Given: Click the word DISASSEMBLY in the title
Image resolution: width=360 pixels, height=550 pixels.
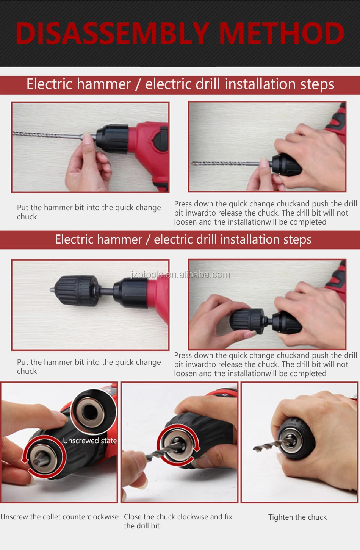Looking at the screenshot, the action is pos(112,33).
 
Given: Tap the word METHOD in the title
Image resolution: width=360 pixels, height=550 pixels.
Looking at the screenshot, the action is pos(281,33).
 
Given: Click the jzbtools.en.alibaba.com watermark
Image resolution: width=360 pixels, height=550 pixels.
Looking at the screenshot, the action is pos(180,275).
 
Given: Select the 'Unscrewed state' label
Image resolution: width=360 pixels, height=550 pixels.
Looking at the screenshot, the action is pos(90,441).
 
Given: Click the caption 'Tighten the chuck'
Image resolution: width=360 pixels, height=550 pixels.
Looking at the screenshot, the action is pos(297,517).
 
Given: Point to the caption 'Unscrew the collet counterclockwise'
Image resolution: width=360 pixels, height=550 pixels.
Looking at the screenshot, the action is pos(59,517).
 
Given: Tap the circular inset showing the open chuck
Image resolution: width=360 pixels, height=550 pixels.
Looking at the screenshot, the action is pos(93,412).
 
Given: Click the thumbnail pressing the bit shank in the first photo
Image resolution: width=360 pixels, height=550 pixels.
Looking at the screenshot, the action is pos(86,139).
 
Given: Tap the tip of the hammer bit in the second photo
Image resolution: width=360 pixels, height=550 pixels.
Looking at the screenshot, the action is pos(193,163).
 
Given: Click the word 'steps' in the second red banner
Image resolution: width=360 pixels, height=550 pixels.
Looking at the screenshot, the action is pos(297,240).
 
